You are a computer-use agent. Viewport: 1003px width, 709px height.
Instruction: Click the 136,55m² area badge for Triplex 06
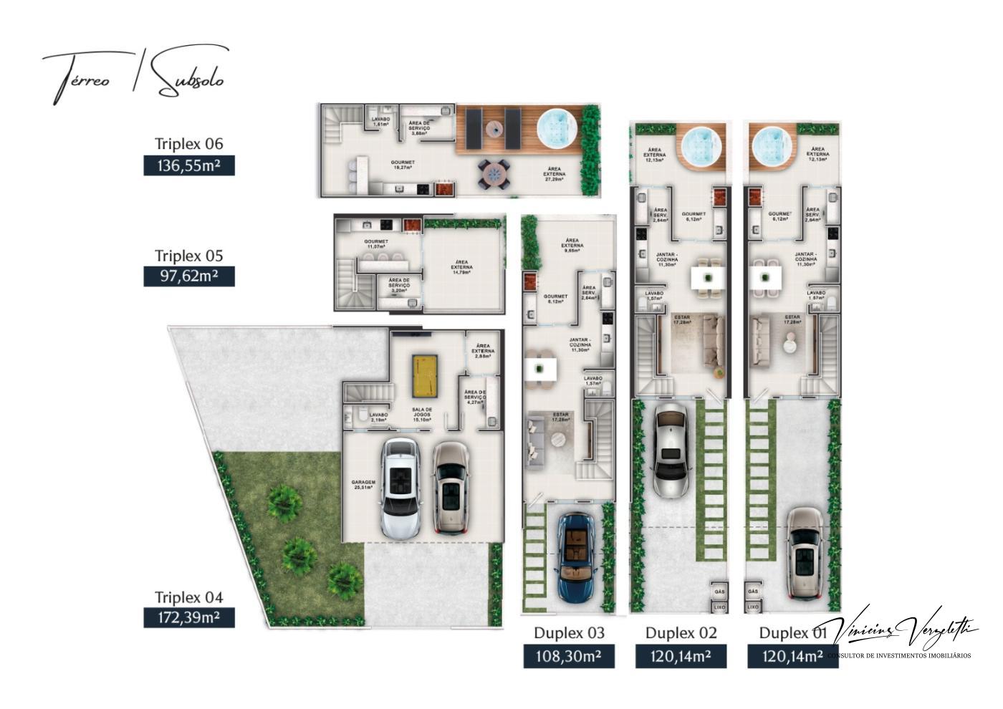(189, 166)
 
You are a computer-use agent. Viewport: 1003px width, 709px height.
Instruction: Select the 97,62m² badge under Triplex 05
(189, 276)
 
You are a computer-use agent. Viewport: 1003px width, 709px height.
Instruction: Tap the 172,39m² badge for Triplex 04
(189, 617)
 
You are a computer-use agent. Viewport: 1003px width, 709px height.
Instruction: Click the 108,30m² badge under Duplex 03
(569, 656)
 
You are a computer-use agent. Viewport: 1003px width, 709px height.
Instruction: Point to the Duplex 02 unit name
(681, 633)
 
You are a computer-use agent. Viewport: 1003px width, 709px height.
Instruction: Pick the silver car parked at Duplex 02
(671, 449)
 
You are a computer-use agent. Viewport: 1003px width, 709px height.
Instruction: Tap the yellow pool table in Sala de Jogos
(423, 375)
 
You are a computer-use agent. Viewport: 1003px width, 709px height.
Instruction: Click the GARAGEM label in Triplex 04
(363, 483)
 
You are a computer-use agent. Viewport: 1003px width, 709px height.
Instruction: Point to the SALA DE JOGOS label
(421, 413)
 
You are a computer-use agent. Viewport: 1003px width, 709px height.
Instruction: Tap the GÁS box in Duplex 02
(720, 592)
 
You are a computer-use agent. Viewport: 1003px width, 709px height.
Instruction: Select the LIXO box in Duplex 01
(752, 607)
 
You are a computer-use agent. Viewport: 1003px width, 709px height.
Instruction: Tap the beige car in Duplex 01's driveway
(805, 554)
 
